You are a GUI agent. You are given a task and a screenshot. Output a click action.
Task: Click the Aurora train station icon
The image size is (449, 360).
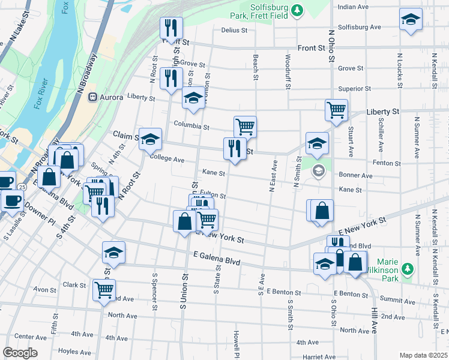[93, 97]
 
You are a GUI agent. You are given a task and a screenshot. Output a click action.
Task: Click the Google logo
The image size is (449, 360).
[20, 353]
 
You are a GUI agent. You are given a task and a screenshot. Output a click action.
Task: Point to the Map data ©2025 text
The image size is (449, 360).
[423, 355]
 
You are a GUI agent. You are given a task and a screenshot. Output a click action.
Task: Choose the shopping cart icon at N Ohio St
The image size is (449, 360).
[336, 110]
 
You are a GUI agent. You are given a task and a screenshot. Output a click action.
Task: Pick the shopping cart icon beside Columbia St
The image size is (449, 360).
[245, 126]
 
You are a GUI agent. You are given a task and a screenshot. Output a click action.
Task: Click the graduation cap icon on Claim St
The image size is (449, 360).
[150, 139]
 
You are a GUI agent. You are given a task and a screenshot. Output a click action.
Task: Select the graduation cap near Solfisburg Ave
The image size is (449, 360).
[411, 19]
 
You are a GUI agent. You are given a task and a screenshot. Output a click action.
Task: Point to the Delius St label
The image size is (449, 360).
[234, 30]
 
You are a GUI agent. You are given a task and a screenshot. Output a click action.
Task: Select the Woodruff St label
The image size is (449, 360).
[288, 72]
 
